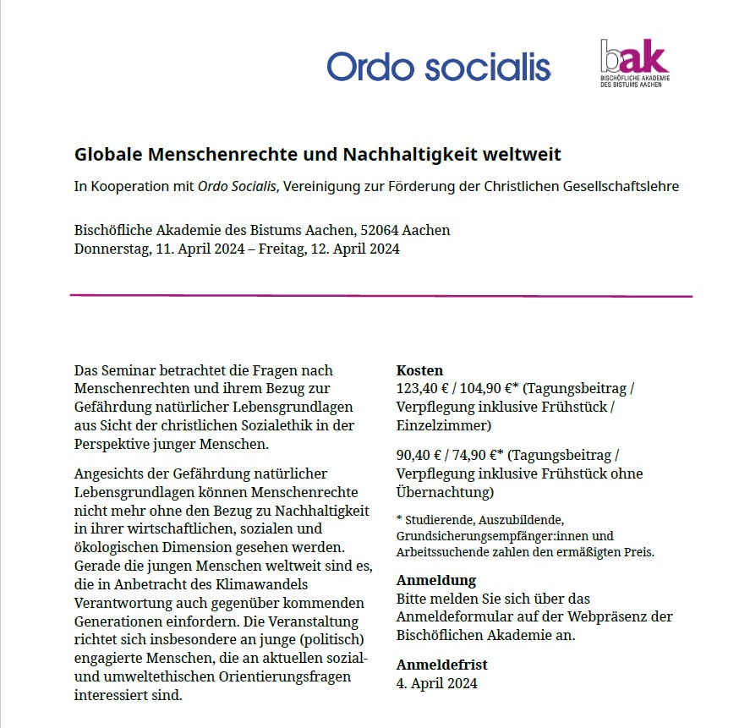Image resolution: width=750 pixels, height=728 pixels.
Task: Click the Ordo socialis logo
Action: [x=438, y=66]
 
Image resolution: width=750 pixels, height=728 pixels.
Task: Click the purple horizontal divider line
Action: [x=380, y=296]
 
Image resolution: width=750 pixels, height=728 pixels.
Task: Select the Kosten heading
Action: [x=419, y=370]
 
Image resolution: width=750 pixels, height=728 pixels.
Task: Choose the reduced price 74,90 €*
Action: [x=482, y=455]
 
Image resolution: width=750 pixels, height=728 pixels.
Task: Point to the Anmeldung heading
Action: [x=436, y=580]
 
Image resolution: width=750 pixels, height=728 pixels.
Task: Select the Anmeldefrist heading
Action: [x=441, y=665]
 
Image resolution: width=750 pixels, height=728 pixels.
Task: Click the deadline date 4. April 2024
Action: [x=436, y=683]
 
